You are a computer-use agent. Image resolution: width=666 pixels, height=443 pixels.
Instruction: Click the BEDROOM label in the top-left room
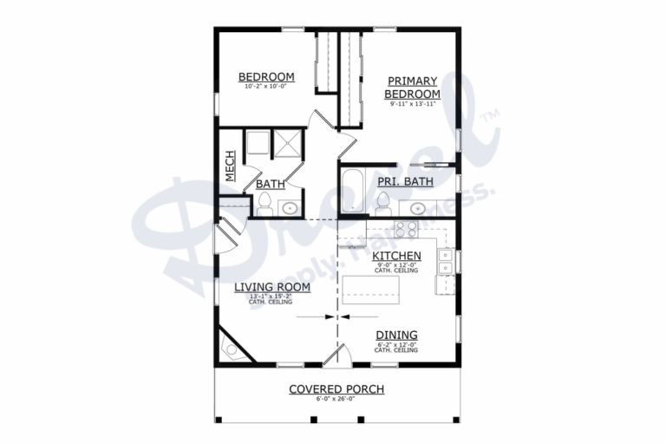[266, 76]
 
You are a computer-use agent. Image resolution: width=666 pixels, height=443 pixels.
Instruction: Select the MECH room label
[231, 166]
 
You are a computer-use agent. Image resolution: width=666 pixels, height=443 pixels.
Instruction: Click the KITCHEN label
[396, 256]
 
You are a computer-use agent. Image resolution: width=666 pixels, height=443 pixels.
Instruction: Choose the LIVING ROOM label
[269, 287]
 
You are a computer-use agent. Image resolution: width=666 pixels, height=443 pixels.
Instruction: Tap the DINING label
[396, 335]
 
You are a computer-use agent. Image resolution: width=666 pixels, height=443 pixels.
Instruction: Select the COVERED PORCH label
[336, 389]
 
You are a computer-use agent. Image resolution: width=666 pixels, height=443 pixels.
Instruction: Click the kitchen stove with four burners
[405, 229]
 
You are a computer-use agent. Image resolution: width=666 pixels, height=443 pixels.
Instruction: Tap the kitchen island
[372, 289]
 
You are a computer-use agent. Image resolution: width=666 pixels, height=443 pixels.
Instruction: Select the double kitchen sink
[444, 261]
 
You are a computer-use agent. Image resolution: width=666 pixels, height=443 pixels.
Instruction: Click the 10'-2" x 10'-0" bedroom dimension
[266, 87]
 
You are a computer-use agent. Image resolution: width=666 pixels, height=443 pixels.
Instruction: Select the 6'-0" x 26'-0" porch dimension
[336, 400]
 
